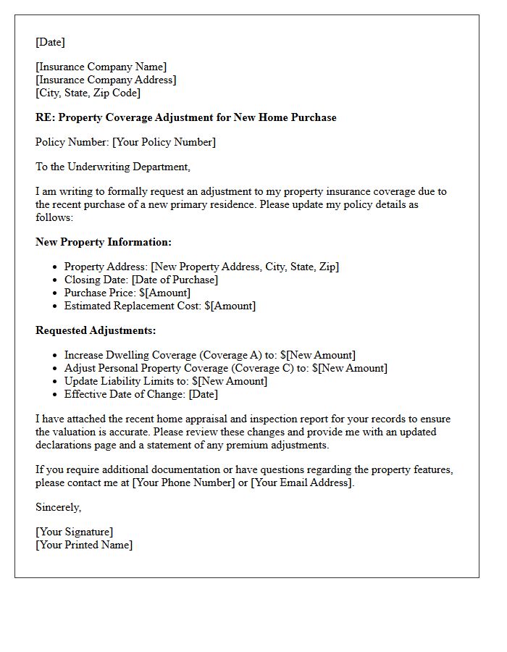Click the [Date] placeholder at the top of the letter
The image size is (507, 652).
pyautogui.click(x=50, y=42)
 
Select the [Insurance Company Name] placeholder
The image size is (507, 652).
pyautogui.click(x=101, y=67)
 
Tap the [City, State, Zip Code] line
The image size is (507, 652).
pyautogui.click(x=88, y=93)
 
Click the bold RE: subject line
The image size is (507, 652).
pyautogui.click(x=185, y=117)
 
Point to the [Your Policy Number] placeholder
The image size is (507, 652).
pyautogui.click(x=164, y=143)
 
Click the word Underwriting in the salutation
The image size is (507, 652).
pyautogui.click(x=101, y=167)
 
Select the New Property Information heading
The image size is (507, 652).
pyautogui.click(x=104, y=242)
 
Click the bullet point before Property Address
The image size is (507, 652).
pyautogui.click(x=56, y=267)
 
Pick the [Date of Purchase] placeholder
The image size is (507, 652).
pyautogui.click(x=175, y=280)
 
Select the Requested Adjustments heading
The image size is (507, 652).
pyautogui.click(x=96, y=330)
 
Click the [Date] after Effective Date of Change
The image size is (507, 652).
pyautogui.click(x=203, y=394)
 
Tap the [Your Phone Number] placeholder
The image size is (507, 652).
pyautogui.click(x=183, y=482)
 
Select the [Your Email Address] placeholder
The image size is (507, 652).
pyautogui.click(x=301, y=482)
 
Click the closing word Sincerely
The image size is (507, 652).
pyautogui.click(x=58, y=507)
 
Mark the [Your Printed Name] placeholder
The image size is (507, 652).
pyautogui.click(x=84, y=545)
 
